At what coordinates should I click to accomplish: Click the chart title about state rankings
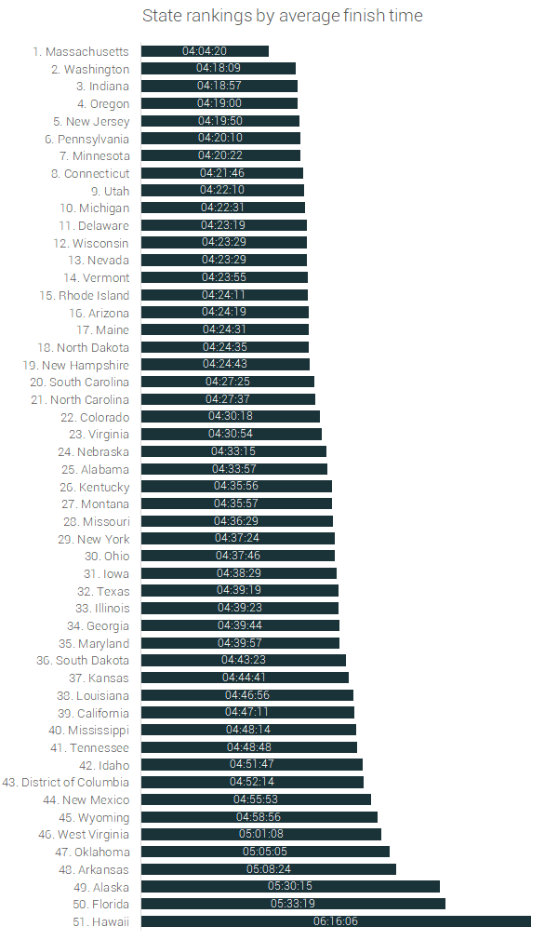[x=283, y=16]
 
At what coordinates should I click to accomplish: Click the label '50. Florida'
[x=99, y=904]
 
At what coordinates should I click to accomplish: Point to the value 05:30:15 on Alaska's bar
[x=290, y=886]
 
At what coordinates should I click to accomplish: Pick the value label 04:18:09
[x=219, y=69]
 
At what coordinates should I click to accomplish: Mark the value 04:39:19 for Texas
[x=239, y=591]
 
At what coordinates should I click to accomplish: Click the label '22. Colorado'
[x=96, y=417]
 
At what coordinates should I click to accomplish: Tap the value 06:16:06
[x=336, y=921]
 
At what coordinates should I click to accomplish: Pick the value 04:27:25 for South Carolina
[x=228, y=382]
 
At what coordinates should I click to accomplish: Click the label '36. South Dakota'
[x=83, y=660]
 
